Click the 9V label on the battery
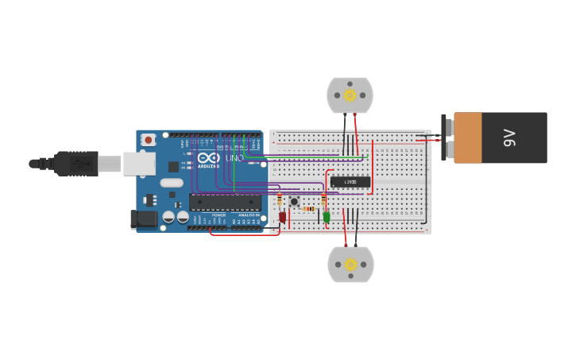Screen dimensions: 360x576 (510, 137)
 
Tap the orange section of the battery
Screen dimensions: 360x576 (467, 137)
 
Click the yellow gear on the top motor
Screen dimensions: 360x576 (350, 95)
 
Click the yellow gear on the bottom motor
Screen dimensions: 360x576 (350, 264)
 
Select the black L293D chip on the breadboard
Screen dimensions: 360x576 (350, 182)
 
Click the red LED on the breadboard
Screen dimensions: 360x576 (282, 217)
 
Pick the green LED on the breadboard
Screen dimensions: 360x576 (326, 217)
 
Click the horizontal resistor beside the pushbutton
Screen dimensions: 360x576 (308, 209)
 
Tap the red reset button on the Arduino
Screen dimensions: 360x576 (149, 140)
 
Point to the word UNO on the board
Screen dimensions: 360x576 (234, 158)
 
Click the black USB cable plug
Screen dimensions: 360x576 (77, 164)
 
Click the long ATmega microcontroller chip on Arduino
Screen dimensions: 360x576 (225, 202)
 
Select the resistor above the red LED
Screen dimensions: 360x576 (280, 199)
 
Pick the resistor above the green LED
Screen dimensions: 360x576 (323, 199)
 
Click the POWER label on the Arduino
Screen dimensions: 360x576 (218, 215)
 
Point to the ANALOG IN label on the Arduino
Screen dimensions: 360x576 (248, 215)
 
